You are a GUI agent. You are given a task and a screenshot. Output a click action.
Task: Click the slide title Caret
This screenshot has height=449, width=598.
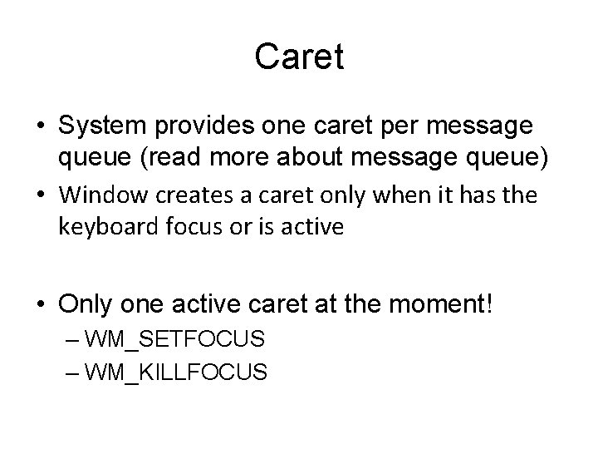[x=299, y=57]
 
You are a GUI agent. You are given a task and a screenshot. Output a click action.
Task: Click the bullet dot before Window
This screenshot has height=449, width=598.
[x=41, y=196]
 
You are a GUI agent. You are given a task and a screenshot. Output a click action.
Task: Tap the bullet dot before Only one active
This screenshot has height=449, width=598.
[x=41, y=305]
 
